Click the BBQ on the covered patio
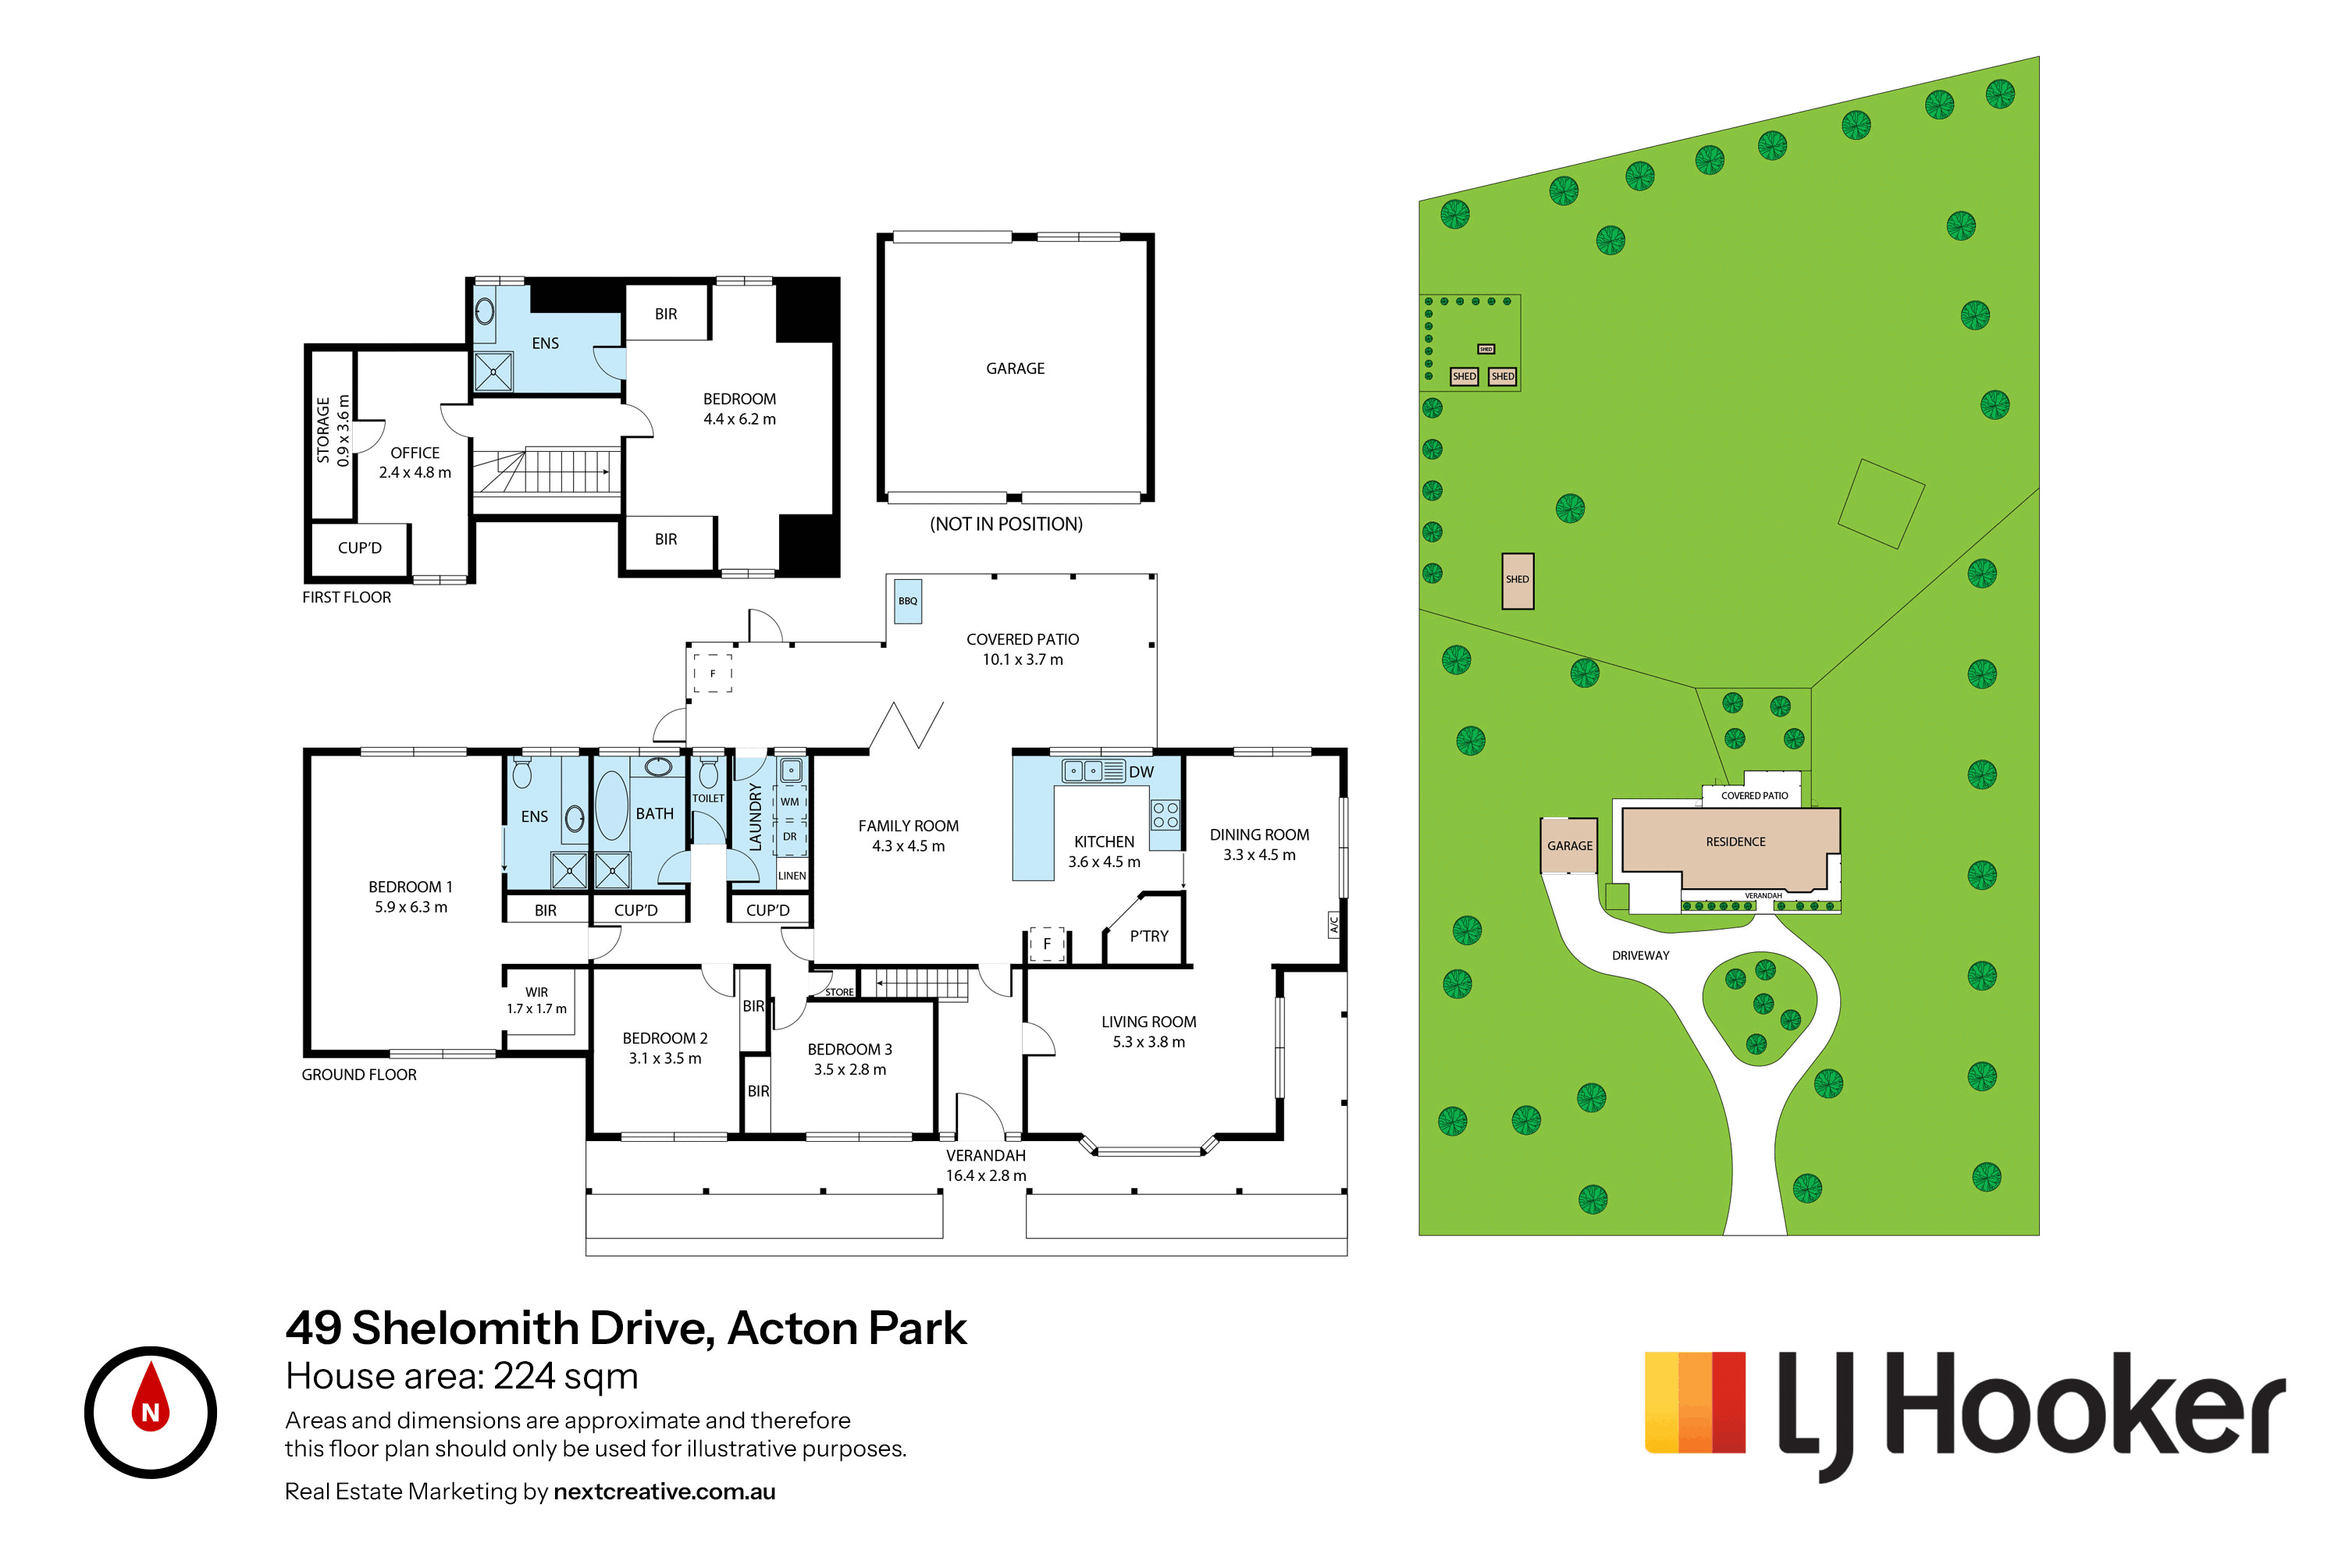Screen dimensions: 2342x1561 coord(907,601)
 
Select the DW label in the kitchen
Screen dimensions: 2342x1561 coord(1141,772)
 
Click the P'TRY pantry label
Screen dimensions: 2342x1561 coord(1149,936)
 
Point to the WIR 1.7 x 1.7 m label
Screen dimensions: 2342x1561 coord(537,1001)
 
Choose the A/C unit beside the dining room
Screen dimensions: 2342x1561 coord(1334,925)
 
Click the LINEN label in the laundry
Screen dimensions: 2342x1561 coord(792,876)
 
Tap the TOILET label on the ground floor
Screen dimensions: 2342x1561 coord(708,798)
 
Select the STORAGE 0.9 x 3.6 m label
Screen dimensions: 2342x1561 coord(333,430)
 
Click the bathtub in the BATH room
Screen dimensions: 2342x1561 coord(611,806)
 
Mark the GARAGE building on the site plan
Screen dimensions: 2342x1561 coord(1569,845)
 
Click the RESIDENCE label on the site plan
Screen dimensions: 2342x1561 coord(1735,841)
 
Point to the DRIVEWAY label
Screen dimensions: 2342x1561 coord(1640,955)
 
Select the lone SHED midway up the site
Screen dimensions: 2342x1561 coord(1518,581)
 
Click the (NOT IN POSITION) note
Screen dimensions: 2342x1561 coord(1005,524)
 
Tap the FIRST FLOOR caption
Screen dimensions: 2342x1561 coord(347,597)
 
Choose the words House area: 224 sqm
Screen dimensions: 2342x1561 coord(461,1376)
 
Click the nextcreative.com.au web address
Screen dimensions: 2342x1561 coord(664,1492)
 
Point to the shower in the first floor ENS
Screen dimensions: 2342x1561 coord(493,372)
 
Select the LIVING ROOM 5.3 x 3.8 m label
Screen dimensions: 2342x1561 coord(1148,1031)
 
